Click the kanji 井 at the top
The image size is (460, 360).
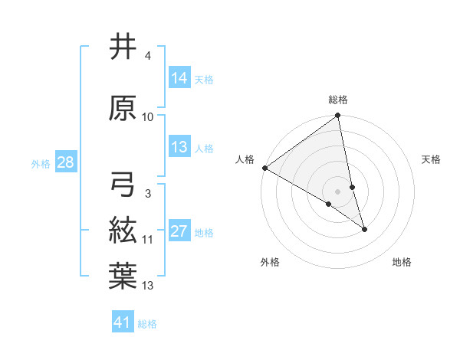[x=123, y=47]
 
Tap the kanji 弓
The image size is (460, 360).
[x=123, y=185]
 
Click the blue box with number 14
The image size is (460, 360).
[x=179, y=78]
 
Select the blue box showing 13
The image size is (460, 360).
[x=179, y=147]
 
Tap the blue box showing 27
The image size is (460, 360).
[x=179, y=231]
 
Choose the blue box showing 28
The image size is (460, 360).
[x=64, y=162]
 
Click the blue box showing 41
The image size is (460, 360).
[x=123, y=322]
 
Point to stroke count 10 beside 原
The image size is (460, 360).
[x=148, y=117]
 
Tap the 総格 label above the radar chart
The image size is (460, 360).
[x=338, y=100]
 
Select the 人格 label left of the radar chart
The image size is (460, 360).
[x=245, y=159]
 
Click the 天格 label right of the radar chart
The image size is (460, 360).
[x=431, y=159]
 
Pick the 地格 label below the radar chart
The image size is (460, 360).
[x=402, y=262]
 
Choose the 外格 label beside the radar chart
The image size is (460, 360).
[x=270, y=262]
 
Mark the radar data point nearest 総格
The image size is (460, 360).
[x=338, y=116]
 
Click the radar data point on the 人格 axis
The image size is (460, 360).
[x=264, y=167]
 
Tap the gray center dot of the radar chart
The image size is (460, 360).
[x=338, y=191]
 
